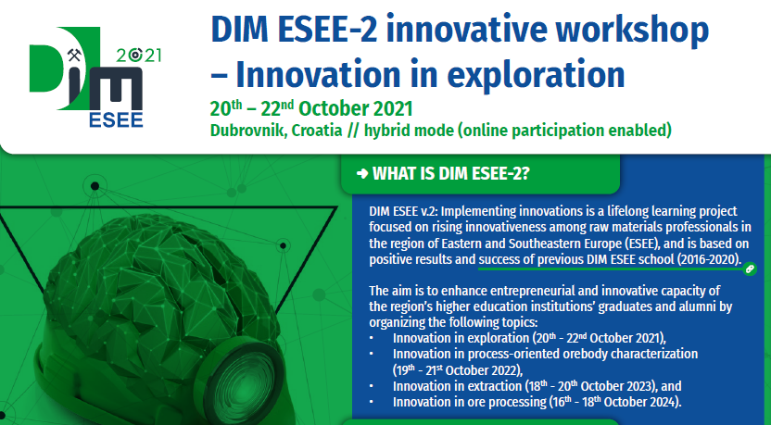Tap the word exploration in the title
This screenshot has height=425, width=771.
point(536,76)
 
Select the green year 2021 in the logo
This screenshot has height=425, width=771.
point(139,55)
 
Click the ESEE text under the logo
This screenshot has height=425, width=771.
point(116,119)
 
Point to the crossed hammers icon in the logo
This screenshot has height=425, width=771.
point(74,55)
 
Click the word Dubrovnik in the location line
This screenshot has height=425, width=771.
point(248,131)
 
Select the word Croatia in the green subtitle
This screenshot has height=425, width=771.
point(317,131)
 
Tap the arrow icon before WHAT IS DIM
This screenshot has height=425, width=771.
point(362,173)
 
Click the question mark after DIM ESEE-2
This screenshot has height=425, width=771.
point(525,173)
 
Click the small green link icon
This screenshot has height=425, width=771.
point(750,269)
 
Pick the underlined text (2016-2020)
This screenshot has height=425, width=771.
point(709,259)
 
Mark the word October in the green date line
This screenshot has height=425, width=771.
point(334,108)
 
